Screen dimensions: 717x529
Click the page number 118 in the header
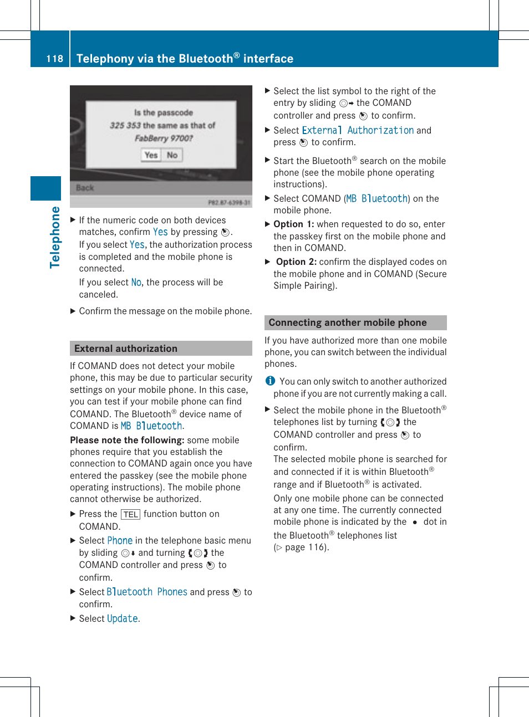54,59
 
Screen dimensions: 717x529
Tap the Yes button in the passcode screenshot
151,155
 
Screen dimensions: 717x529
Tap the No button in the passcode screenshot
172,155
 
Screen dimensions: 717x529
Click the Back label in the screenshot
85,188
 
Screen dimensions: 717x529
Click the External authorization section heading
126,349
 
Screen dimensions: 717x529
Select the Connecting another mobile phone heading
348,322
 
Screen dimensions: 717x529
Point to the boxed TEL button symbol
131,514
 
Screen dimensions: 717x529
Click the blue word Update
123,618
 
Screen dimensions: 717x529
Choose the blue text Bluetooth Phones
147,592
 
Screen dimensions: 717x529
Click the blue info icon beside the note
270,381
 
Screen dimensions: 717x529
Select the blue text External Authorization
358,130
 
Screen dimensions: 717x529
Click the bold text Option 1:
294,224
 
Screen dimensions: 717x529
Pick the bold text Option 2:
296,262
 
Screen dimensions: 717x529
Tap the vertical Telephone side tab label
55,237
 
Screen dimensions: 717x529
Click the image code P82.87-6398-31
229,203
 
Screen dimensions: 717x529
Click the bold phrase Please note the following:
127,440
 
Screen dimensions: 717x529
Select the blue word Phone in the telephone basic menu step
120,540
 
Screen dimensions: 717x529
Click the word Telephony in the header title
104,59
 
